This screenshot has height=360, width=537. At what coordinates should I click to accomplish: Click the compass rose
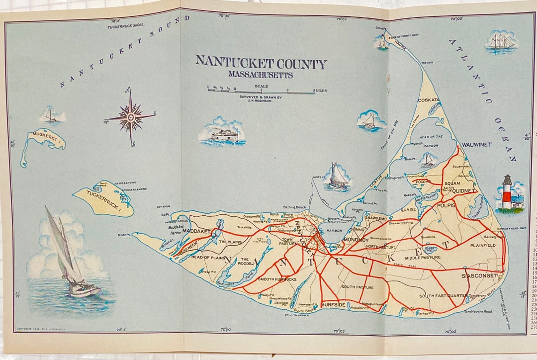pyautogui.click(x=130, y=117)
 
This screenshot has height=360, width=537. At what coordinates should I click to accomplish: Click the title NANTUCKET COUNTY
pyautogui.click(x=261, y=63)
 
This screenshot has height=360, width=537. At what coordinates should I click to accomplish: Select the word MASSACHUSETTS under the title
pyautogui.click(x=261, y=75)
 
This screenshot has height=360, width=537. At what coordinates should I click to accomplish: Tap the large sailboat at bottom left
pyautogui.click(x=70, y=256)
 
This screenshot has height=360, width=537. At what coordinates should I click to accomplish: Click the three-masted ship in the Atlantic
pyautogui.click(x=501, y=41)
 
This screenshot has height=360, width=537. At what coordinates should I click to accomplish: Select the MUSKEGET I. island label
pyautogui.click(x=46, y=136)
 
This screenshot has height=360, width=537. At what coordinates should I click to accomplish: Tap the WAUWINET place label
pyautogui.click(x=476, y=145)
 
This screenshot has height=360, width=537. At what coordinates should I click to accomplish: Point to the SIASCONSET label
pyautogui.click(x=479, y=275)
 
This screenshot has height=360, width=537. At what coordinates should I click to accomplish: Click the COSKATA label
pyautogui.click(x=429, y=100)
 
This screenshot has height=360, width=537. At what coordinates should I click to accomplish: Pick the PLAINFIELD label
pyautogui.click(x=483, y=245)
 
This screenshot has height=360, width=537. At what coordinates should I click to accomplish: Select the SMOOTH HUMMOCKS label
pyautogui.click(x=277, y=279)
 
